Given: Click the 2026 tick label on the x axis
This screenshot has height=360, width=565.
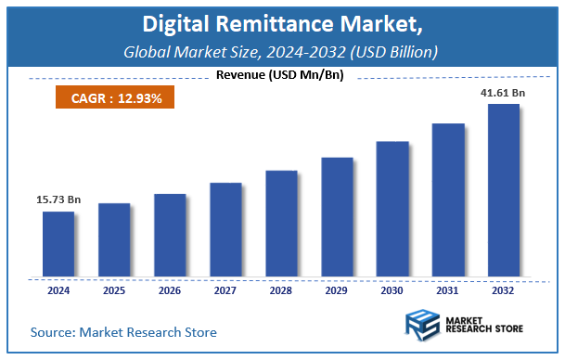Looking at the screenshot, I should tap(169, 290).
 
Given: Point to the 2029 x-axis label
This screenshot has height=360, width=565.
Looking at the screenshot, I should tap(336, 290).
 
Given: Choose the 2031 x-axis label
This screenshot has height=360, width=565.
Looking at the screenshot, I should tap(448, 290).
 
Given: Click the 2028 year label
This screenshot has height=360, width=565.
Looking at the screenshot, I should tap(280, 290).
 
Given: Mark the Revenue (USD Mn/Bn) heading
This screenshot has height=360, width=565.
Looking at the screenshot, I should tap(279, 75).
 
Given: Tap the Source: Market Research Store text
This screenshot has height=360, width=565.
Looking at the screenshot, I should tap(122, 331).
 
